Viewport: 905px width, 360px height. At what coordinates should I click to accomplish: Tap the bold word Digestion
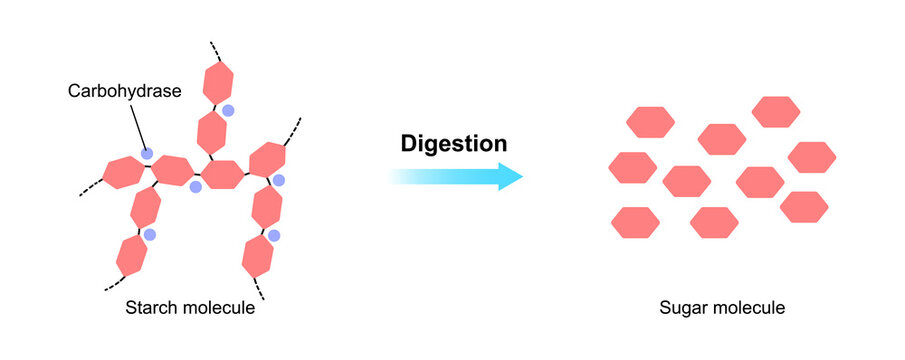point(454,143)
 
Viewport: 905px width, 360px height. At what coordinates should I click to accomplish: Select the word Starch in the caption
point(149,307)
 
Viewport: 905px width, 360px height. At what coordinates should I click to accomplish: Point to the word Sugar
point(684,307)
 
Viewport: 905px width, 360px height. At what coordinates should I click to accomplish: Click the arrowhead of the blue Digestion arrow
point(510,177)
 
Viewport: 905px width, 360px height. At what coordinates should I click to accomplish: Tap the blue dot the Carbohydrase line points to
point(147,154)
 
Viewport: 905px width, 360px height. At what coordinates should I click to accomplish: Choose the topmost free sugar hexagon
point(776,111)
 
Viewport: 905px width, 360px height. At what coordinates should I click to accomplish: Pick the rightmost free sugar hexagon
point(812,157)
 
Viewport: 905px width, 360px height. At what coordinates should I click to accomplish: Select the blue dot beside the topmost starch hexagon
point(229,110)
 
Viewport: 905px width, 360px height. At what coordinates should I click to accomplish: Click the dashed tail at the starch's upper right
point(293,131)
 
